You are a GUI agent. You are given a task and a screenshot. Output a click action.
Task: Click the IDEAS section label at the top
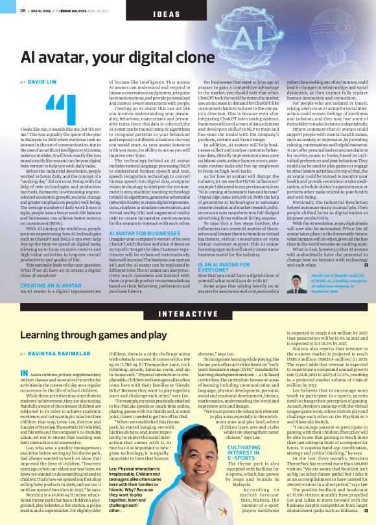[167, 14]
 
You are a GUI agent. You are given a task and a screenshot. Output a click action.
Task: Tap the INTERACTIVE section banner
[188, 313]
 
